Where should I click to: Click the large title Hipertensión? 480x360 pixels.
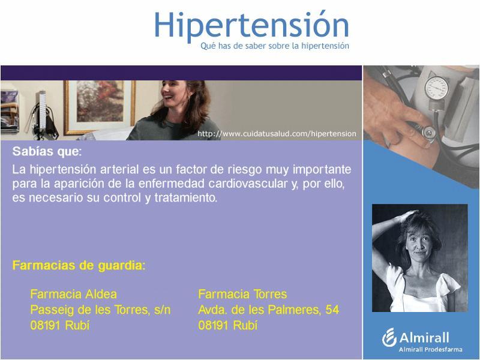(x=251, y=26)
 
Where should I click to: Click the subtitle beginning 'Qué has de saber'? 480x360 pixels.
(x=275, y=46)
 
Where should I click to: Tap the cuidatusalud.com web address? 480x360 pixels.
(x=277, y=134)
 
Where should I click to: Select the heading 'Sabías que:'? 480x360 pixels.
(x=47, y=151)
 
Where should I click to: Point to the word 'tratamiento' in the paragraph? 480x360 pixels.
(x=185, y=197)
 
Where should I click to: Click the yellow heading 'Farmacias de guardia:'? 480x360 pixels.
(x=79, y=265)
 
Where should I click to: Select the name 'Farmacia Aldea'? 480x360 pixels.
(x=73, y=294)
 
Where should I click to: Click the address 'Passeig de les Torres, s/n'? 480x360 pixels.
(x=100, y=310)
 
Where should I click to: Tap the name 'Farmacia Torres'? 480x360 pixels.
(x=242, y=294)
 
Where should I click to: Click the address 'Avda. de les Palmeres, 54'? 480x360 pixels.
(x=268, y=310)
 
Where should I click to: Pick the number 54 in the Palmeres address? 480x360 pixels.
(x=332, y=310)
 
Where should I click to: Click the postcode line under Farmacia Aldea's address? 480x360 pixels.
(x=60, y=325)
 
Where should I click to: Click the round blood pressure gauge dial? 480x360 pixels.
(x=437, y=88)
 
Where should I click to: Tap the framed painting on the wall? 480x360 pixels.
(x=99, y=107)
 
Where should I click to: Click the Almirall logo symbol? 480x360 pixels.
(x=389, y=338)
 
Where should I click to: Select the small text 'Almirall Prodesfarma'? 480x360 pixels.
(x=430, y=349)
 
